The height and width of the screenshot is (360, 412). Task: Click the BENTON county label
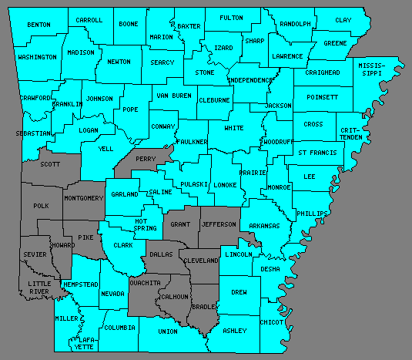pyautogui.click(x=39, y=25)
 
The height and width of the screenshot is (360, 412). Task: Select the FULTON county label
pyautogui.click(x=230, y=17)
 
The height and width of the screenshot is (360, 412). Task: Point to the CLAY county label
pyautogui.click(x=343, y=20)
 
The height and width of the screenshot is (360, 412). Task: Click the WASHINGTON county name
pyautogui.click(x=37, y=57)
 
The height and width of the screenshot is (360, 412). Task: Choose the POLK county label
pyautogui.click(x=41, y=206)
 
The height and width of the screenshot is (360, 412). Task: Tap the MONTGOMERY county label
pyautogui.click(x=84, y=198)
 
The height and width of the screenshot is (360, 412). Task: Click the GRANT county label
pyautogui.click(x=180, y=224)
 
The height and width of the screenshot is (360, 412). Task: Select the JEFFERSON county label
pyautogui.click(x=219, y=224)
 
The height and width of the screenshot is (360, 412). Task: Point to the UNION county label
pyautogui.click(x=168, y=331)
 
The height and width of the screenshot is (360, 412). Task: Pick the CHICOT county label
pyautogui.click(x=271, y=321)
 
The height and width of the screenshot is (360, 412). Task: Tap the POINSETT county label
pyautogui.click(x=322, y=98)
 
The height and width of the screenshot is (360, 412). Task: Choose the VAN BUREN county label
pyautogui.click(x=173, y=96)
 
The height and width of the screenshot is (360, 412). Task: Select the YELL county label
pyautogui.click(x=106, y=149)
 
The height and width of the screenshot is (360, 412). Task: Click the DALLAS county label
pyautogui.click(x=162, y=254)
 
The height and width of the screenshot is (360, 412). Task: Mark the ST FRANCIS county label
pyautogui.click(x=317, y=153)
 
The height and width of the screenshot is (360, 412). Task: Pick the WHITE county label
pyautogui.click(x=233, y=129)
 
